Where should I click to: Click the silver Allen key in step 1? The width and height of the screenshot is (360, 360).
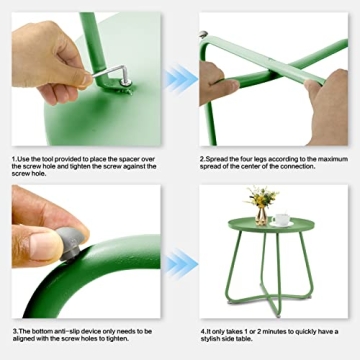pyautogui.click(x=110, y=72)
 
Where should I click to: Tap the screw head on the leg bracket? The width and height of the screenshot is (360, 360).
pyautogui.click(x=126, y=82)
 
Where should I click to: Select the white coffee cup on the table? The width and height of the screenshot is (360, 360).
pyautogui.click(x=281, y=219)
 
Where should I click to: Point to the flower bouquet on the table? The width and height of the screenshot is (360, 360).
pyautogui.click(x=262, y=197)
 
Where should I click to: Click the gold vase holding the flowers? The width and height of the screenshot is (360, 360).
pyautogui.click(x=261, y=216)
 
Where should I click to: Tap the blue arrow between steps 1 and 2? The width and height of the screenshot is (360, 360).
pyautogui.click(x=181, y=79)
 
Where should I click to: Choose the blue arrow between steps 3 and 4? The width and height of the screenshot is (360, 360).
pyautogui.click(x=181, y=264)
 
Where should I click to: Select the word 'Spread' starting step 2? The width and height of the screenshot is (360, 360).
pyautogui.click(x=215, y=159)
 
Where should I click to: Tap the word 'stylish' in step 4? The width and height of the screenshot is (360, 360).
pyautogui.click(x=212, y=339)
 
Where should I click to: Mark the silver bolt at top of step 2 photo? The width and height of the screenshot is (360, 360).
pyautogui.click(x=203, y=34)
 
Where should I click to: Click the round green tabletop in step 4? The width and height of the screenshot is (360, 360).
pyautogui.click(x=271, y=225)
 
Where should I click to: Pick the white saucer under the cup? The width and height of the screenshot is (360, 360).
pyautogui.click(x=281, y=224)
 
